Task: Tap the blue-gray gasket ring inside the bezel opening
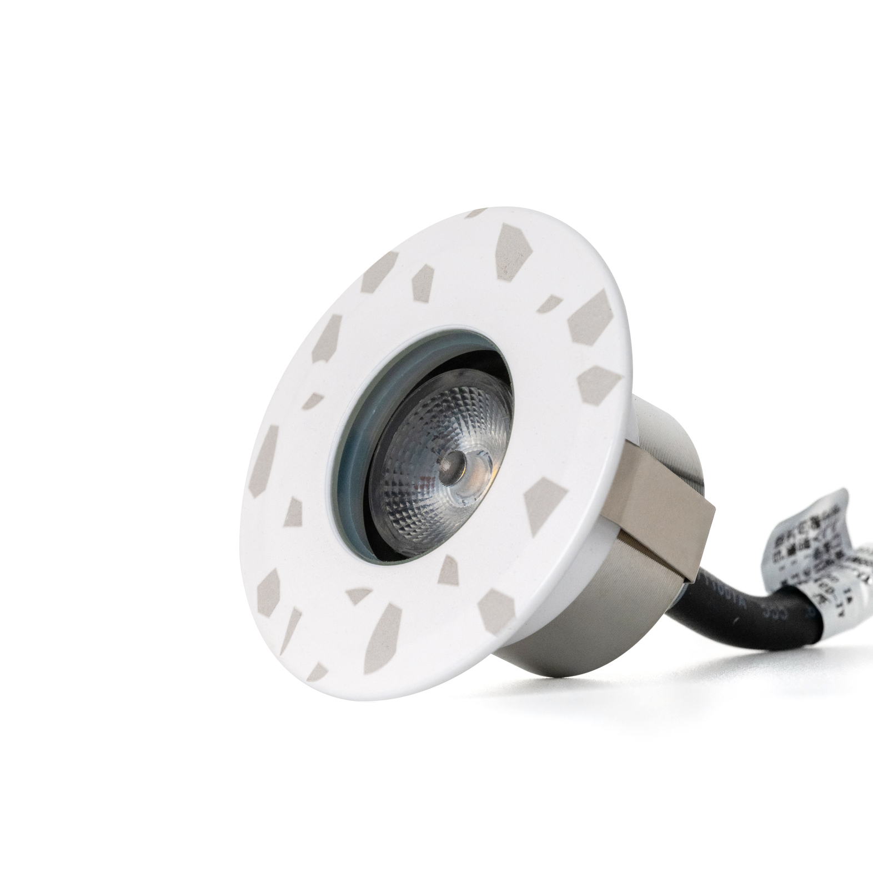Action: (355, 444)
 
